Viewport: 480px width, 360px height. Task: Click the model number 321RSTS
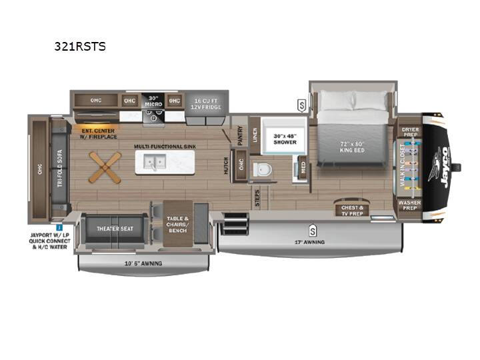coord(80,47)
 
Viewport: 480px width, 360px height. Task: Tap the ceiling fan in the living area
coord(105,167)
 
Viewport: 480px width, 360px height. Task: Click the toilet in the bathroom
coord(263,169)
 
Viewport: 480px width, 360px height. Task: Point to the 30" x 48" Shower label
coord(285,139)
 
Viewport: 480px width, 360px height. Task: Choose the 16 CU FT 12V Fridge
coord(206,104)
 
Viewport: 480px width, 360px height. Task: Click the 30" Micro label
coord(153,101)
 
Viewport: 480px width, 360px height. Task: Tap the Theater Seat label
coord(115,229)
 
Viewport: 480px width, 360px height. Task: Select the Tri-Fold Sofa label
coord(60,168)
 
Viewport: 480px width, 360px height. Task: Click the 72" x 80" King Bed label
coord(352,147)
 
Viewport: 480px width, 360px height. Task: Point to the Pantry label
coord(240,135)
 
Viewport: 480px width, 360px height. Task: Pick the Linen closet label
coord(255,135)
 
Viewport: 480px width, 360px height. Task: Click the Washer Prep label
coord(409,205)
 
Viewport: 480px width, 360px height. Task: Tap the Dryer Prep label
coord(410,132)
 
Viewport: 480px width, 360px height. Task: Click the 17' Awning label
coord(309,242)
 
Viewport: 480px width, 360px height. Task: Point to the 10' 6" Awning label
coord(143,263)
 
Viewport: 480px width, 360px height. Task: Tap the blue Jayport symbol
coord(59,227)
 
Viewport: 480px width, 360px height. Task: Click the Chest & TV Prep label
coord(352,211)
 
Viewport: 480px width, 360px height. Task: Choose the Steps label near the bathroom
coord(257,198)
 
